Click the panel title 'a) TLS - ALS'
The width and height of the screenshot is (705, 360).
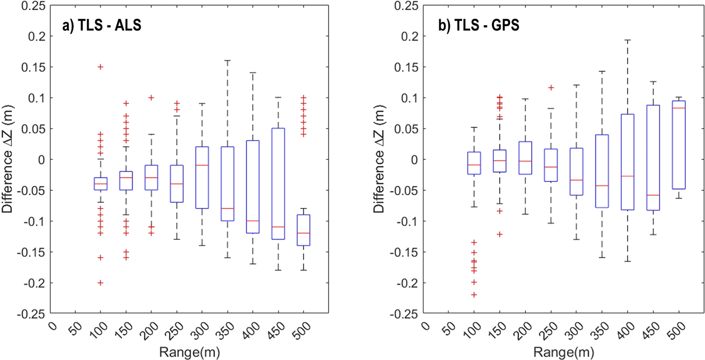101,25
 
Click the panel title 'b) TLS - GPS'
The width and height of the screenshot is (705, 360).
479,25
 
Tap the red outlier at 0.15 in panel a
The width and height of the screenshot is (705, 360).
100,67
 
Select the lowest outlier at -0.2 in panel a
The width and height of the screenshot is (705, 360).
100,283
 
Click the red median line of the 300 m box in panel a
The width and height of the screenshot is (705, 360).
202,165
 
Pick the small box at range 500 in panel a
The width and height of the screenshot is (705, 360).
304,231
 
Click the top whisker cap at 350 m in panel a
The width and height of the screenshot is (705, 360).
227,61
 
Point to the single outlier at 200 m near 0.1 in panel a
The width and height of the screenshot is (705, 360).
151,97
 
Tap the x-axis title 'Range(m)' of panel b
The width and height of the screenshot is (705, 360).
564,352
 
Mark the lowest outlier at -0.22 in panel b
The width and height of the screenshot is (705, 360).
474,295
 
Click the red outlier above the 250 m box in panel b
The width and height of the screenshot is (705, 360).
551,87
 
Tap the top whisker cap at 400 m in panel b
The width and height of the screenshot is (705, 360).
627,40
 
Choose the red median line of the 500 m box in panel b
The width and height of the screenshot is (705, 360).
679,108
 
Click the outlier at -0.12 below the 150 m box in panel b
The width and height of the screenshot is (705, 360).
500,234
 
